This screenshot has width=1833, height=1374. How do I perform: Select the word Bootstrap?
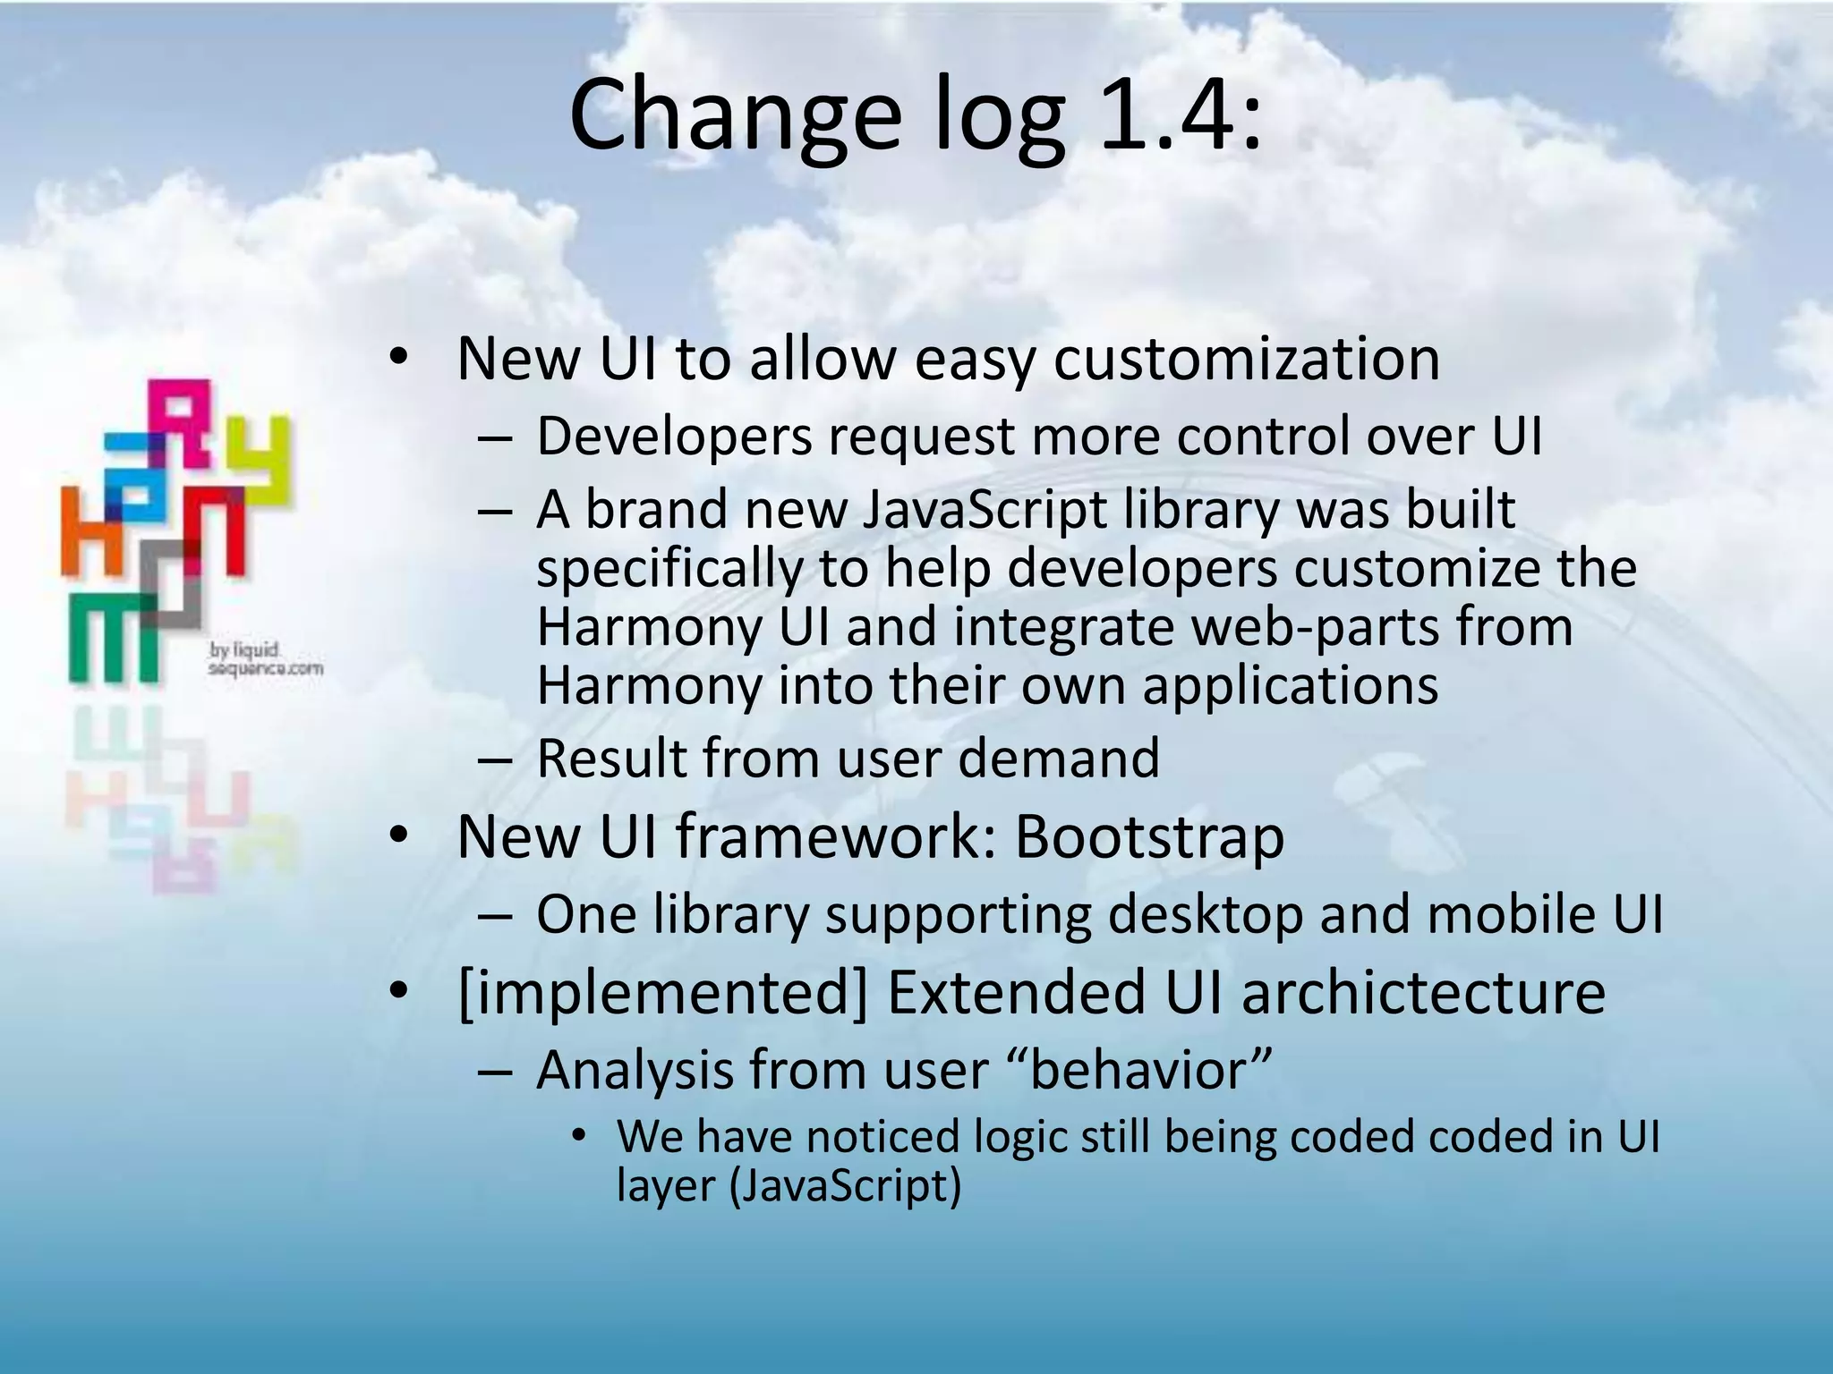(x=1149, y=837)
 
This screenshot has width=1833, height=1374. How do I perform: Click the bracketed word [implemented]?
(x=662, y=993)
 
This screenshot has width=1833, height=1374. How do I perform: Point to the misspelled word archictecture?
(x=1423, y=993)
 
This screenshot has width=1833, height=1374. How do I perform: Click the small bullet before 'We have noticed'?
(x=579, y=1137)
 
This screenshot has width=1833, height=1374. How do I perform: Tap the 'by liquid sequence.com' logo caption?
(x=264, y=659)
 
